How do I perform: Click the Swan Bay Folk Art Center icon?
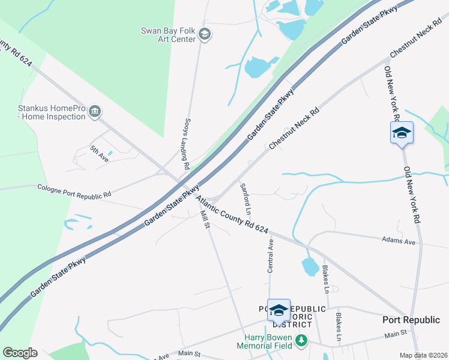(205, 35)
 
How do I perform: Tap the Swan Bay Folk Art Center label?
(168, 35)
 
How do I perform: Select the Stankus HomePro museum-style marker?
(95, 112)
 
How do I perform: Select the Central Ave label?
(270, 256)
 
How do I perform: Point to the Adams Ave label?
(399, 241)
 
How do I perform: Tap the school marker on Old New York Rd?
(402, 133)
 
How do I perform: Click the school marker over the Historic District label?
(279, 310)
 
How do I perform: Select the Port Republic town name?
(411, 320)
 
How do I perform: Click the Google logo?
(20, 353)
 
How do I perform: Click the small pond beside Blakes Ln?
(311, 266)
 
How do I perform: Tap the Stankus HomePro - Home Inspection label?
(52, 112)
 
